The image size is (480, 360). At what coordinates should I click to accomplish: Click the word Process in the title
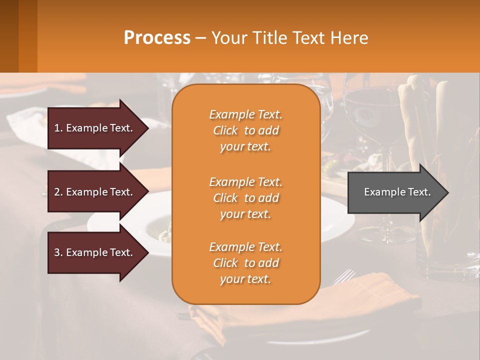tap(157, 38)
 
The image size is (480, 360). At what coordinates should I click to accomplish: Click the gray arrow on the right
tap(395, 192)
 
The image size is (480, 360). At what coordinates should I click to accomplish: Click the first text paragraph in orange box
tap(245, 130)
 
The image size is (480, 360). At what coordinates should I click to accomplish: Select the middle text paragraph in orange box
tap(245, 198)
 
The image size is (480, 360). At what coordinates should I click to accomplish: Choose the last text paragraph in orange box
tap(245, 263)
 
